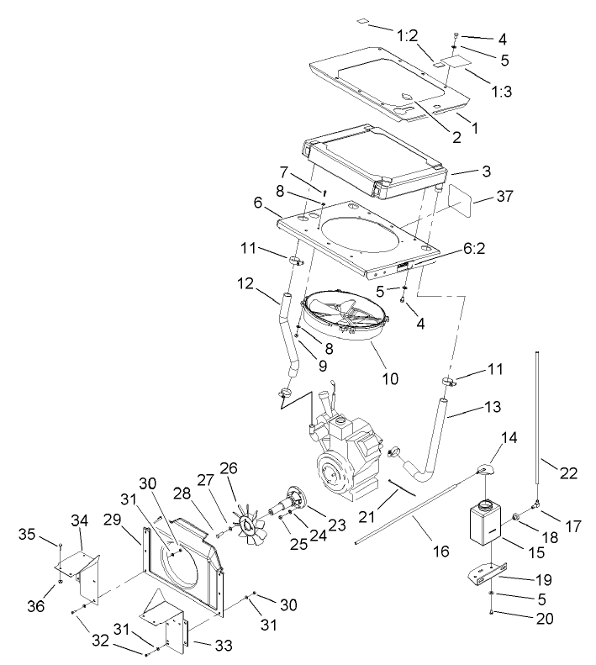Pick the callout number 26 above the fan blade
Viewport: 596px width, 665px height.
tap(229, 468)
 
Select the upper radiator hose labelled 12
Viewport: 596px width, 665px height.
tap(290, 336)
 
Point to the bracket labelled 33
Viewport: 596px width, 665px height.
tap(168, 622)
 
